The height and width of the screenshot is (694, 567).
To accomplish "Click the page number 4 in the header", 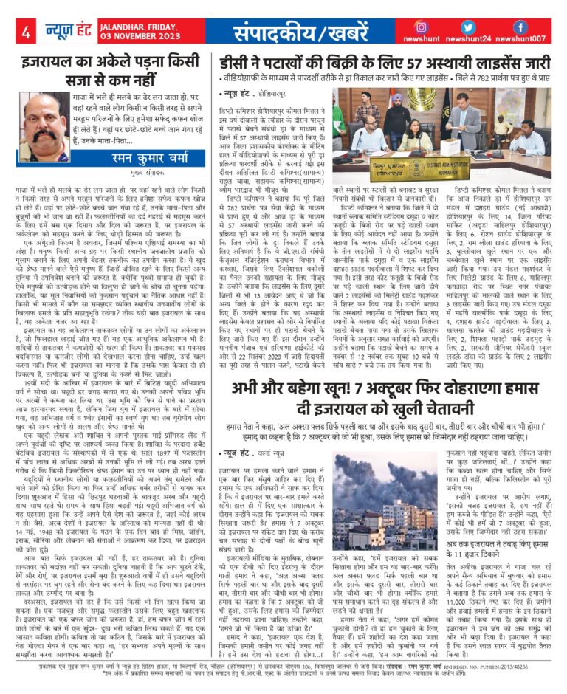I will (x=25, y=32).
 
